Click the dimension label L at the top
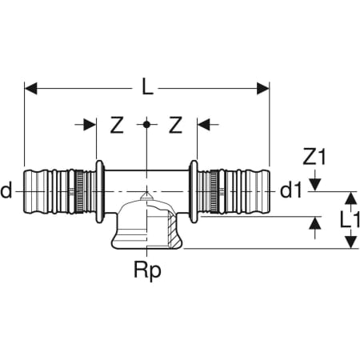(x=147, y=87)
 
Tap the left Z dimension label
(x=117, y=125)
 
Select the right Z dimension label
(x=176, y=125)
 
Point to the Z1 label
(x=314, y=157)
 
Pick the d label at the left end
(x=6, y=191)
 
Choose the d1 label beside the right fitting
(x=291, y=191)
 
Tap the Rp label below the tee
(x=147, y=271)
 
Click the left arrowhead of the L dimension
(x=31, y=88)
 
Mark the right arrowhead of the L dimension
(x=263, y=88)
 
